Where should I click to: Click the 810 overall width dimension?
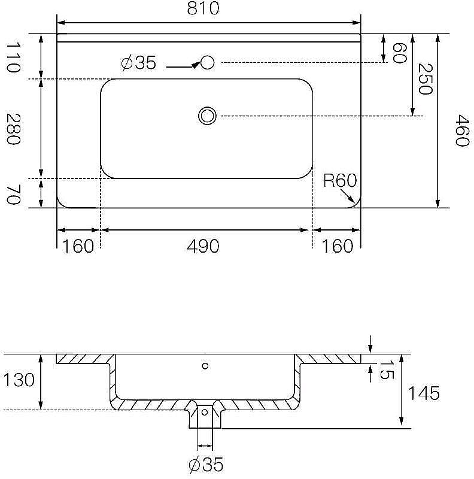tap(203, 8)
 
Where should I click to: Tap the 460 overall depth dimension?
tap(462, 131)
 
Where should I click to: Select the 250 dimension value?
tap(425, 79)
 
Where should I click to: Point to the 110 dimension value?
tap(13, 57)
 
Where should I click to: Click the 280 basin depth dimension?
tap(13, 129)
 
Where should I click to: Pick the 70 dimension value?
tap(13, 194)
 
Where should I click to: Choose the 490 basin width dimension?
tap(203, 246)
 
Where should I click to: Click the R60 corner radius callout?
tap(340, 181)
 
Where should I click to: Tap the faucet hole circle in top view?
tap(207, 63)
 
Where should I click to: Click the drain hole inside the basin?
tap(207, 116)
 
